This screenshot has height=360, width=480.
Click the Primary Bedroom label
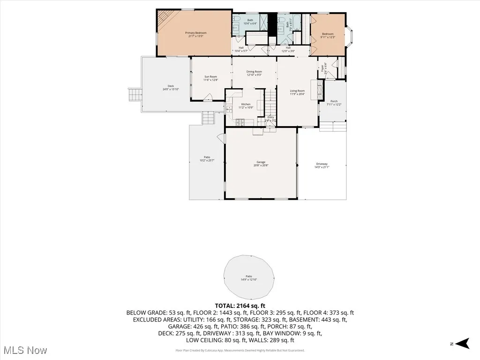[195, 33]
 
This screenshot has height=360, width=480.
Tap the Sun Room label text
[210, 76]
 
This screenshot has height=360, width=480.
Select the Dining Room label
[254, 72]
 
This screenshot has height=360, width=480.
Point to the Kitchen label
[246, 104]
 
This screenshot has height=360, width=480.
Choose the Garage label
[261, 162]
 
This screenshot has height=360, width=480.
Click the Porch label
[334, 101]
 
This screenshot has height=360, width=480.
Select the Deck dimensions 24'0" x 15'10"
[171, 89]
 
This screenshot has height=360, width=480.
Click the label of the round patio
[248, 277]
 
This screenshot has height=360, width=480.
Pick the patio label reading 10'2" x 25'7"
[207, 160]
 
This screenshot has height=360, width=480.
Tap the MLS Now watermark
[24, 350]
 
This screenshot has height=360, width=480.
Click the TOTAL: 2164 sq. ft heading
[240, 306]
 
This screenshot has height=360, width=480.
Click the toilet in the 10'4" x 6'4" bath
[237, 20]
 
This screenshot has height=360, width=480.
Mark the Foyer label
[322, 68]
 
